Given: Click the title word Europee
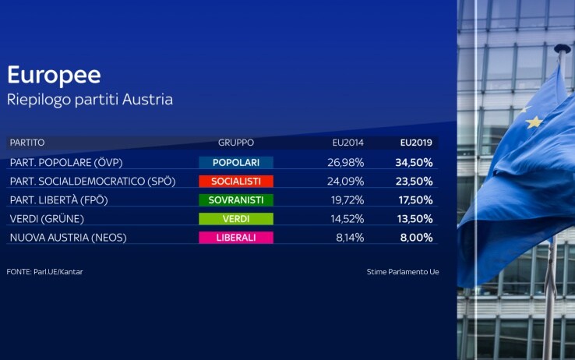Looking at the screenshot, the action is point(54,76).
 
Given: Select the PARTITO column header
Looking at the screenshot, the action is point(27,143).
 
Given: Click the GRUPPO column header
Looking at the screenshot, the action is point(236,143).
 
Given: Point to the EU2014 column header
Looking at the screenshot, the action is point(348,143).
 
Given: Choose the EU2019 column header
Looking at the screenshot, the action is point(416,143).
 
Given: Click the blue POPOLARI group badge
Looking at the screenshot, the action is point(236,162).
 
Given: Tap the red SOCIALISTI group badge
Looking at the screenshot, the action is point(236,181).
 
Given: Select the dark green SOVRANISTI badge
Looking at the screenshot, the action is point(236,199).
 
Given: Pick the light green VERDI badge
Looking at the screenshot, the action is point(236,219).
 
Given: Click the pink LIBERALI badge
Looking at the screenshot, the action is point(236,238).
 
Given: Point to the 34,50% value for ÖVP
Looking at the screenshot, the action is point(414,162).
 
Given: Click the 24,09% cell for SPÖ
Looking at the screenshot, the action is point(345,181).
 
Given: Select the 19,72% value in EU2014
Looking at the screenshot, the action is point(347,199).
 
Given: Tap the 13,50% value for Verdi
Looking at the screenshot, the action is point(414,219).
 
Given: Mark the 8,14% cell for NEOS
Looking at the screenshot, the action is point(350,238).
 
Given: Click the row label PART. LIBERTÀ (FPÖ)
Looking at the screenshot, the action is point(59,200).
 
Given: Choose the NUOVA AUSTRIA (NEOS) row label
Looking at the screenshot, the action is point(69,238).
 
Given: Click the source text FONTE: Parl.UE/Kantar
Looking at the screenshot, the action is point(44,272).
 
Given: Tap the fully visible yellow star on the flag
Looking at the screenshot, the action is point(534,122).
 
